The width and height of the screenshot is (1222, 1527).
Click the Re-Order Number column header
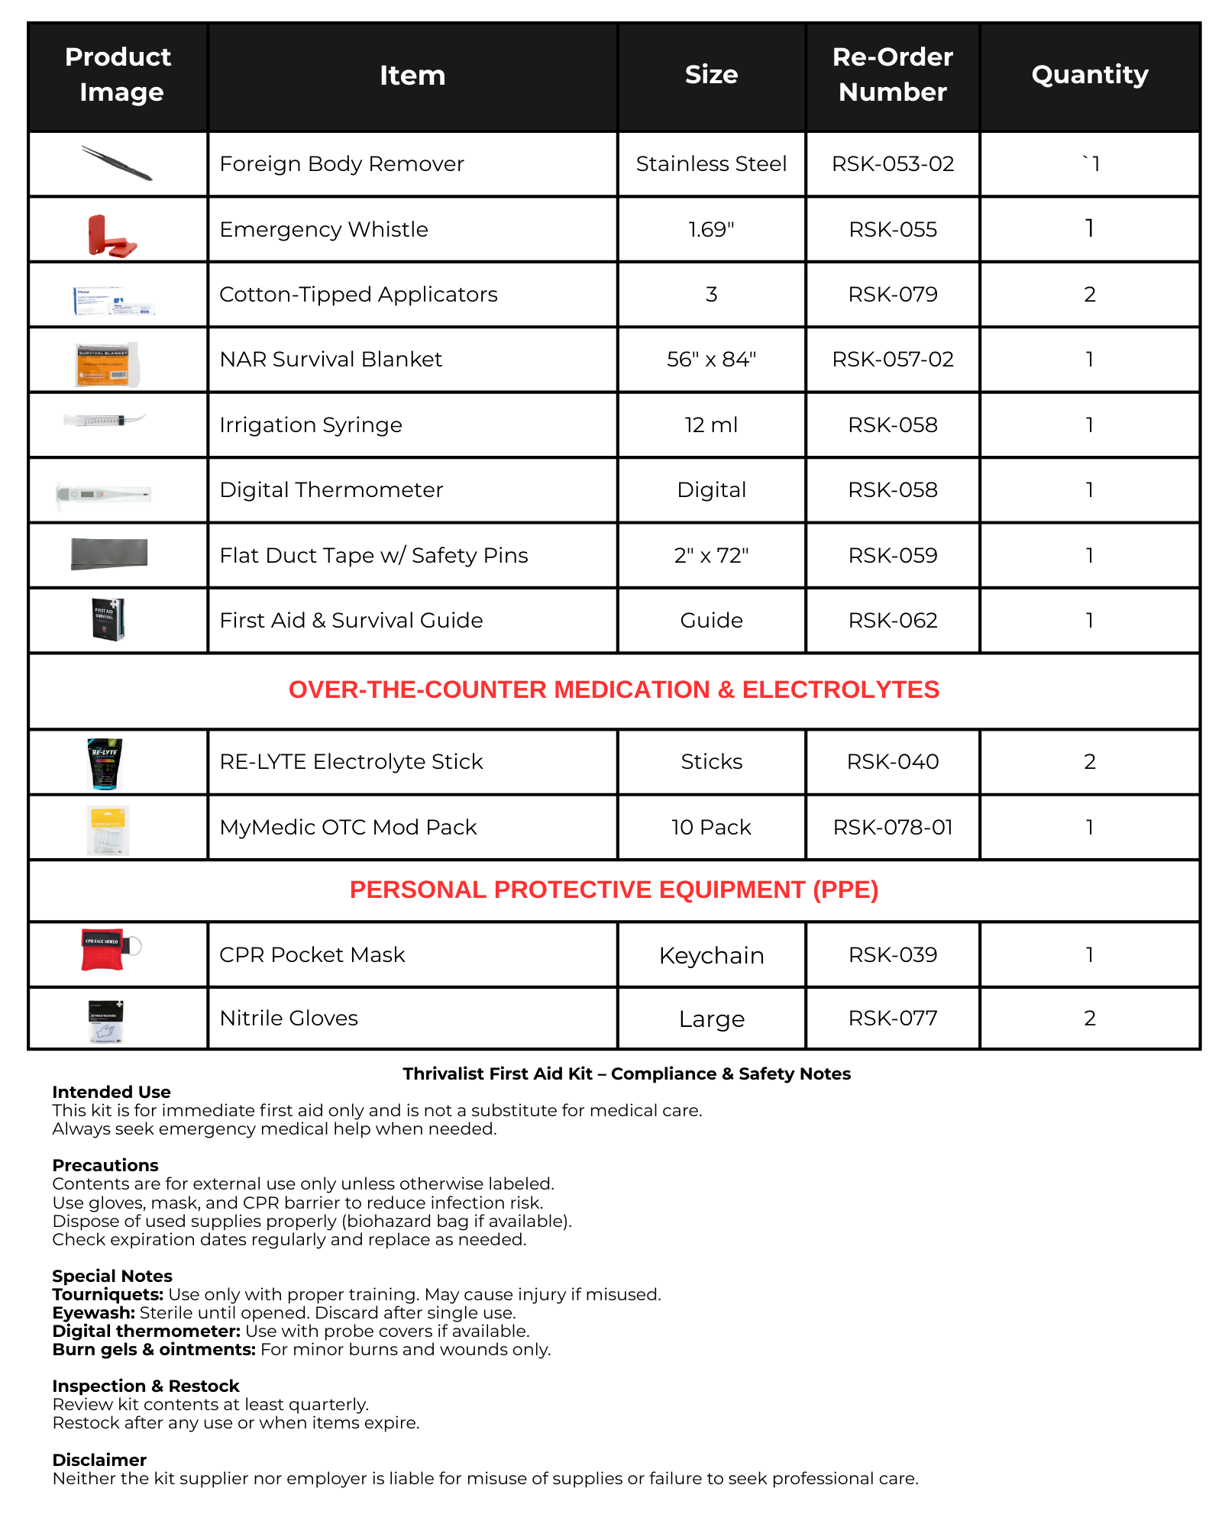[x=892, y=75]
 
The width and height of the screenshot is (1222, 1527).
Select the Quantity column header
[x=1089, y=75]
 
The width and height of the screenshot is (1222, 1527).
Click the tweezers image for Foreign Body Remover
[x=117, y=163]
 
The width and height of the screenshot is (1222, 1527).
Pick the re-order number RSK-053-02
[x=892, y=164]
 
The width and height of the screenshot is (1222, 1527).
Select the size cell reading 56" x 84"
[x=710, y=360]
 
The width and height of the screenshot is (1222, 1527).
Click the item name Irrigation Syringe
[x=310, y=425]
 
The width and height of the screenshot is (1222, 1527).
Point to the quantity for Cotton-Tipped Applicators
[x=1089, y=295]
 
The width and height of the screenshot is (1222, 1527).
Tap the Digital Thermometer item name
[x=331, y=490]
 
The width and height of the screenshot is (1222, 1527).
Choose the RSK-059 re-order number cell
[x=892, y=556]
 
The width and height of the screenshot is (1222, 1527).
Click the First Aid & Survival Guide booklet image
[x=108, y=619]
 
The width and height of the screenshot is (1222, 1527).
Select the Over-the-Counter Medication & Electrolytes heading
[x=613, y=690]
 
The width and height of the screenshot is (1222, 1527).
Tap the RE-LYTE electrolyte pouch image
[x=105, y=763]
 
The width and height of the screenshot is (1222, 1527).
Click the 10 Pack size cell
[x=710, y=828]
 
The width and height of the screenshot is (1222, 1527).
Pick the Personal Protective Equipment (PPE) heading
[x=613, y=890]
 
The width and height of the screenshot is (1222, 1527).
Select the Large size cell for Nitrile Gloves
[x=710, y=1019]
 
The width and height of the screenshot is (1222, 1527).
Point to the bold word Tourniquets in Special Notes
[x=108, y=1295]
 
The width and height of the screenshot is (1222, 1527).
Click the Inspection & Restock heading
[x=145, y=1387]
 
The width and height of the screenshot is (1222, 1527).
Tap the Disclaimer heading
[x=99, y=1461]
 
